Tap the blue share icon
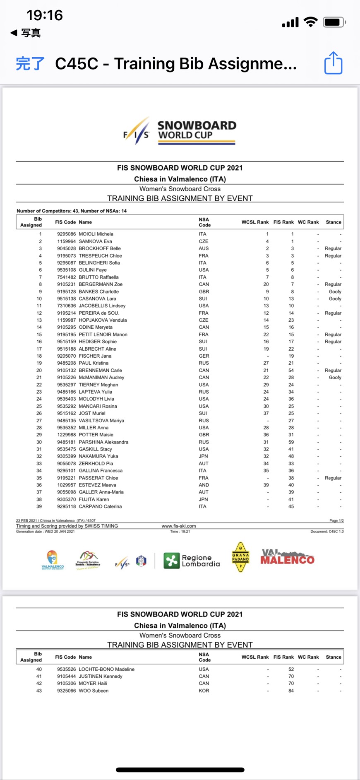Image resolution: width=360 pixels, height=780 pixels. (x=333, y=63)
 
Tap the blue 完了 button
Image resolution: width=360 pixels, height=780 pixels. (x=30, y=64)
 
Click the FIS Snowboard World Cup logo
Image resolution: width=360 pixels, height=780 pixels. (x=180, y=131)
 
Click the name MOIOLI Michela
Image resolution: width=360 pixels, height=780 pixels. (x=96, y=234)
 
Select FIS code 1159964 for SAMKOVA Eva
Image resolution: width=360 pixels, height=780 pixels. (x=66, y=241)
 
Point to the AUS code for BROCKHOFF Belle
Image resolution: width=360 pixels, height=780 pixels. (x=204, y=248)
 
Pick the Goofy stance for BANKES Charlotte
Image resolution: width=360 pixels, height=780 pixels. (x=335, y=291)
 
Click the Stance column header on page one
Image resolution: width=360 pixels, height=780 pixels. (x=333, y=222)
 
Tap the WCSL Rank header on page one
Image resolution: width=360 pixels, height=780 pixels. (x=255, y=222)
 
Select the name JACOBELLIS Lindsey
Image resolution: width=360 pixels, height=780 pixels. (x=102, y=306)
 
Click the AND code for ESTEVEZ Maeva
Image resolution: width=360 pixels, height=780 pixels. (x=204, y=485)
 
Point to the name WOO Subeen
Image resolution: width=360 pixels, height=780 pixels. (x=94, y=691)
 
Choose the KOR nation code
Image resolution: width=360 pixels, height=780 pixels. (x=204, y=691)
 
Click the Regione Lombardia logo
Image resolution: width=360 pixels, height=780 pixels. (x=192, y=561)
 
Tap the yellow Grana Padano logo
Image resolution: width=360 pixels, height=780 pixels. (x=240, y=557)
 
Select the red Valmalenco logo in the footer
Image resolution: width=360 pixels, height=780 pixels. (x=287, y=557)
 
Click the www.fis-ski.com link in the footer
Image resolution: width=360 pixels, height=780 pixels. (x=179, y=526)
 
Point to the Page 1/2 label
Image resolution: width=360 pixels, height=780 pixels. (x=336, y=520)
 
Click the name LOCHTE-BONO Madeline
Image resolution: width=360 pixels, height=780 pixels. (x=106, y=669)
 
